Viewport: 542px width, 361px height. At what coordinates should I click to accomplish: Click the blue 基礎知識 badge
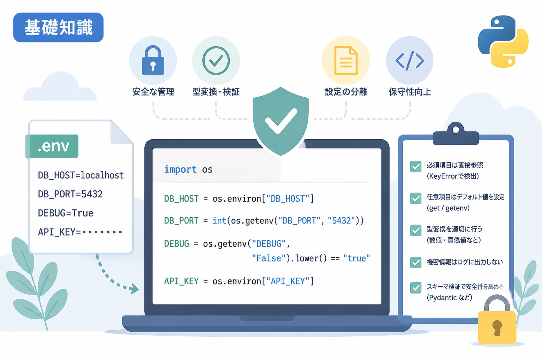58,27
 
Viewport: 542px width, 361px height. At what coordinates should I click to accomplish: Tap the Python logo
503,41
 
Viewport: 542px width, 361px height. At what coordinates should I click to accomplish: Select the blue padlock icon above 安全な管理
153,60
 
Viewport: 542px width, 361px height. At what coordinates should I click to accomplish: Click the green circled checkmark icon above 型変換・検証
216,60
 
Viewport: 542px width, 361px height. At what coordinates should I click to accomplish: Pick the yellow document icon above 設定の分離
346,60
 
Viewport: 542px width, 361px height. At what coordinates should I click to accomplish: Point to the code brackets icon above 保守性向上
410,60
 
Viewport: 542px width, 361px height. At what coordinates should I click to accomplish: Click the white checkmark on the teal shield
281,121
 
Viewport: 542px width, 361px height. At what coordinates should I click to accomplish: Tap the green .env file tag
52,146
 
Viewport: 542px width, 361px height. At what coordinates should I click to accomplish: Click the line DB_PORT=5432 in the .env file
70,194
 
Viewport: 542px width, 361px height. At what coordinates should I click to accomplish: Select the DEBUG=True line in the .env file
66,213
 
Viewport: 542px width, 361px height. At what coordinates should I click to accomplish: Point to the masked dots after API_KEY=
102,232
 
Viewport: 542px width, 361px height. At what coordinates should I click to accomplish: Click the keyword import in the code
180,169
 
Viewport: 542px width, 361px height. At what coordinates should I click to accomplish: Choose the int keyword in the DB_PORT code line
219,221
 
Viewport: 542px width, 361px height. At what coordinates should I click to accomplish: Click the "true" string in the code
357,258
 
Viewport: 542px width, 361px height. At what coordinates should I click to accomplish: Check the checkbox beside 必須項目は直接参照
416,166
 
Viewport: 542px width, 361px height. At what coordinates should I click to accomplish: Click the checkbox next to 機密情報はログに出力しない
416,262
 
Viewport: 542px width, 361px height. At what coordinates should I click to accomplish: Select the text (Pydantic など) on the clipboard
449,298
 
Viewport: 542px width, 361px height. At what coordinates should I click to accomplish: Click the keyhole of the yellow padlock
497,328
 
